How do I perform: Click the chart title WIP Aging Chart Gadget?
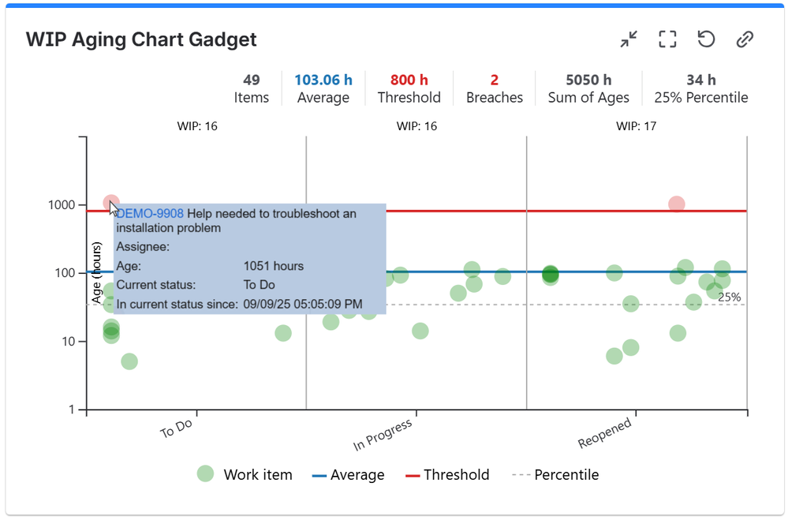141,39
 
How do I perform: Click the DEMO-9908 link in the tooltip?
150,214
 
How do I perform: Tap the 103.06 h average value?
323,80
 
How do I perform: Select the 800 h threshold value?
409,80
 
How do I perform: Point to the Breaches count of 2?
495,80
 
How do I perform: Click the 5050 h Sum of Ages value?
588,80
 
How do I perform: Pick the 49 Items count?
252,80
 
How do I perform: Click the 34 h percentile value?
700,80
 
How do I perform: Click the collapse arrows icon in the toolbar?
629,39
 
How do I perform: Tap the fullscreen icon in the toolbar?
667,39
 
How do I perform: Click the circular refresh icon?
706,39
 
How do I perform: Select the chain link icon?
745,39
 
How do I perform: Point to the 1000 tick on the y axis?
61,205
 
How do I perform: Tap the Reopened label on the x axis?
605,432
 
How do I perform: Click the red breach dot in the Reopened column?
676,204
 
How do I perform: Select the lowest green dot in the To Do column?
129,361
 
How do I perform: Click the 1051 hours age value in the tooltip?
273,266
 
